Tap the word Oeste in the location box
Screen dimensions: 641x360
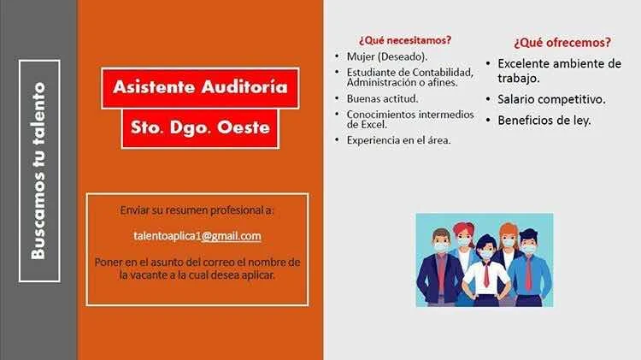click(244, 127)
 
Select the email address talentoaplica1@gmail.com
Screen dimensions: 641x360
click(197, 236)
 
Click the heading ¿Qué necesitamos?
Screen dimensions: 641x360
click(405, 40)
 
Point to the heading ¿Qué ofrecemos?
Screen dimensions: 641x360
click(562, 43)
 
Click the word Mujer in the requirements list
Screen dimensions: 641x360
click(361, 56)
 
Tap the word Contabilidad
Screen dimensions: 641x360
click(443, 73)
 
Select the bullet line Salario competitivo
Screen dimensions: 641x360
click(551, 99)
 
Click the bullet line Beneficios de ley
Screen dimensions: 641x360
click(544, 121)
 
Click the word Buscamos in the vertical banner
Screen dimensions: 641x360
click(38, 215)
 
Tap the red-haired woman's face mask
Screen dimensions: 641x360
click(463, 242)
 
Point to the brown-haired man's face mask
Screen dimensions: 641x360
click(442, 247)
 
